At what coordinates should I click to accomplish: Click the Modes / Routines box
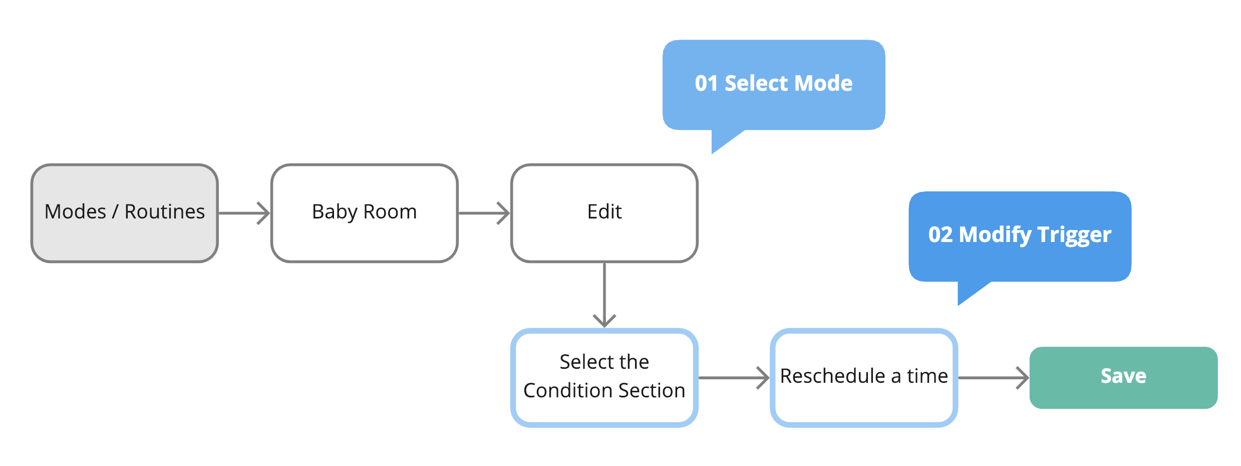coord(125,213)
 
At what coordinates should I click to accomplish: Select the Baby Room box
coord(365,213)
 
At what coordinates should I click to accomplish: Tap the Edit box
coord(604,213)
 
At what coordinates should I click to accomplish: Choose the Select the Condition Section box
coord(604,378)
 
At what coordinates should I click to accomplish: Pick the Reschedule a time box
coord(864,378)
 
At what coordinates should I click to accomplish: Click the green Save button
coord(1123,378)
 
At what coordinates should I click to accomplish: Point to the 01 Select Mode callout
coord(774,85)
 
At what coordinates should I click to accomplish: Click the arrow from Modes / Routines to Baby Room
coord(244,213)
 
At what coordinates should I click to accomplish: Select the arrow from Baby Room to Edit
coord(484,213)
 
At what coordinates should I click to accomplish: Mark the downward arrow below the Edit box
coord(604,295)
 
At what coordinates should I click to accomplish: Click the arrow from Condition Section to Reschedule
coord(734,378)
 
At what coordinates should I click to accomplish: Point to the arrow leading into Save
coord(994,378)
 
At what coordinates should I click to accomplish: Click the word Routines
coord(165,211)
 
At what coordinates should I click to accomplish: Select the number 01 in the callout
coord(706,83)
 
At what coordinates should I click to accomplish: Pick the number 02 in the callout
coord(940,235)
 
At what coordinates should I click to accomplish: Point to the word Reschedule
coord(833,376)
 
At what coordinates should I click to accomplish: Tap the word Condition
coord(563,390)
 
